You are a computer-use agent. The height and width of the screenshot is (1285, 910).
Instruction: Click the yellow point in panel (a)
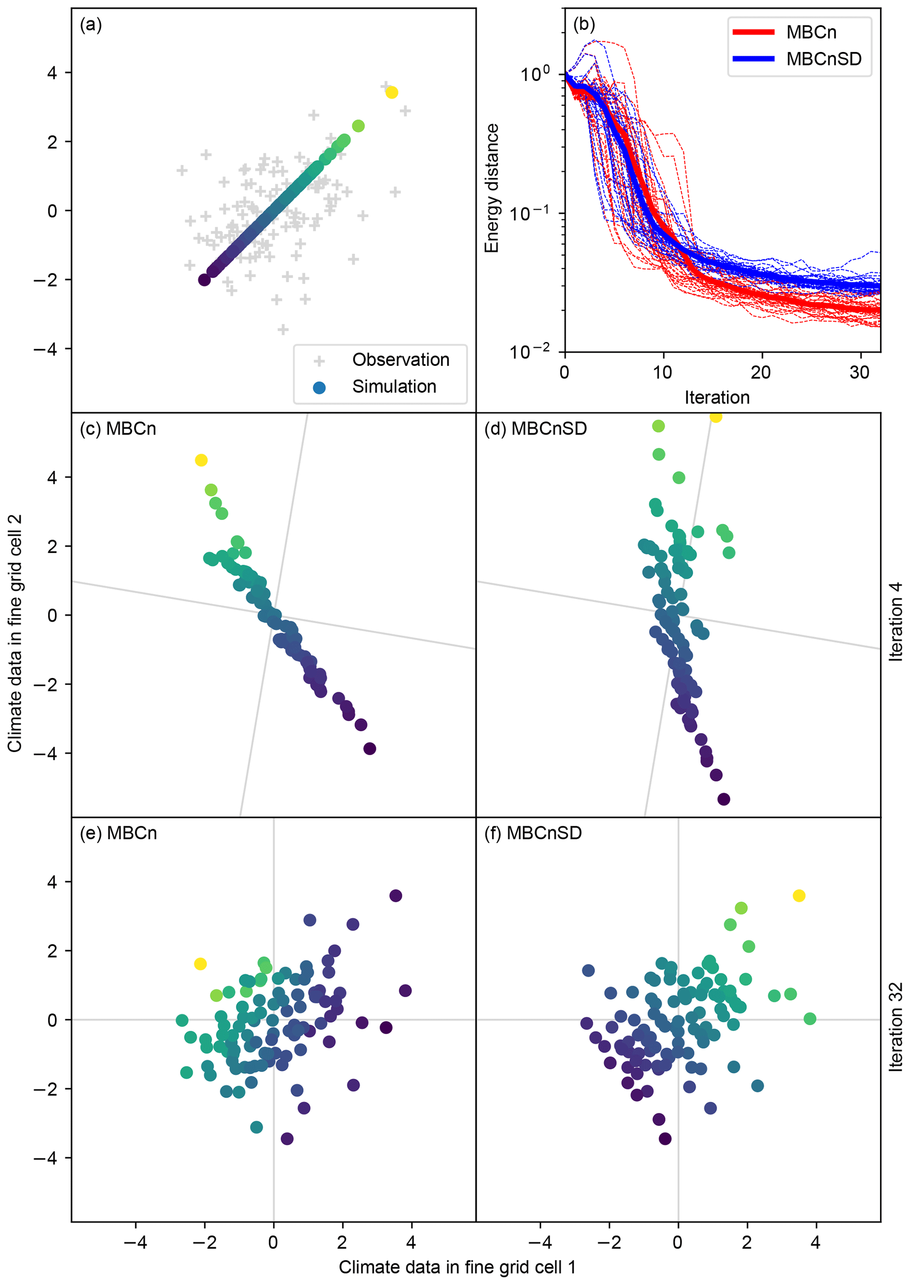tap(392, 92)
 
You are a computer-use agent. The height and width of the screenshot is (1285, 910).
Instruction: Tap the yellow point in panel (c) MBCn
tap(201, 460)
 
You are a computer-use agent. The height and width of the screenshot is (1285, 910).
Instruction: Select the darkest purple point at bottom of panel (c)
tap(370, 748)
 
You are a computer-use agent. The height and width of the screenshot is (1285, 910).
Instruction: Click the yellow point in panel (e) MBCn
tap(200, 964)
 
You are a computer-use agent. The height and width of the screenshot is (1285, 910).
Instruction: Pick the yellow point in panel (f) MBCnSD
tap(799, 896)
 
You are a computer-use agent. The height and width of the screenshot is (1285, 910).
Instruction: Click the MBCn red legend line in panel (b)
tap(753, 32)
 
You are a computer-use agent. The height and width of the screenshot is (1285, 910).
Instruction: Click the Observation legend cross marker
tap(319, 361)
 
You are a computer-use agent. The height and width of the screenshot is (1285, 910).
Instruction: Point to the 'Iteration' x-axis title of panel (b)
tap(717, 398)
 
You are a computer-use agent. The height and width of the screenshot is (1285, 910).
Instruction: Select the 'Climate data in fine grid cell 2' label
tap(15, 633)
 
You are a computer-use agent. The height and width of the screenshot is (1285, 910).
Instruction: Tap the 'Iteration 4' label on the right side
tap(896, 622)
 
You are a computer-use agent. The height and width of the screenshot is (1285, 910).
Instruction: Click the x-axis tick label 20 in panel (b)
tap(761, 372)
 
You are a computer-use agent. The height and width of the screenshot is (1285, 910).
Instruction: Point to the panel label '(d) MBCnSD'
tap(535, 428)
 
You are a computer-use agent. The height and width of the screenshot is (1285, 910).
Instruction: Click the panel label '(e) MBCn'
tap(118, 833)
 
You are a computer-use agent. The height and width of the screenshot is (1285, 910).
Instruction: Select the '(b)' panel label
tap(584, 24)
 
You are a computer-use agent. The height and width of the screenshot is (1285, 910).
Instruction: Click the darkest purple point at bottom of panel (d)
tap(724, 799)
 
